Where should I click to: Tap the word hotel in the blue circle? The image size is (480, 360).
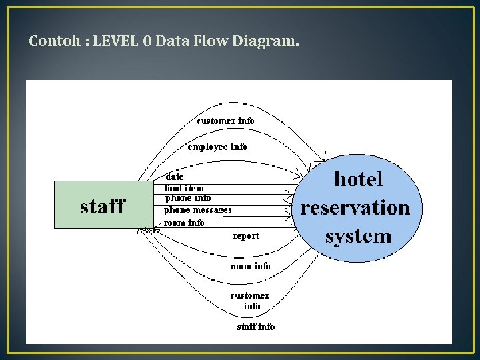coord(358,179)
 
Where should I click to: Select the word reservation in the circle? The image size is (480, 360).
coord(355,207)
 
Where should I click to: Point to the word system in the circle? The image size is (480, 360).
coord(358,235)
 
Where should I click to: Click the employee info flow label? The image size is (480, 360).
coord(217,147)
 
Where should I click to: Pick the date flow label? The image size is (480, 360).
coord(175,177)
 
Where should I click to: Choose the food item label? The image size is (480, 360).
coord(184,188)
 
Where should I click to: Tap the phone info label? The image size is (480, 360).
coord(187,198)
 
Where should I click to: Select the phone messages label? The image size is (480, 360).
coord(198,209)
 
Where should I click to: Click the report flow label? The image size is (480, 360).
coord(246,236)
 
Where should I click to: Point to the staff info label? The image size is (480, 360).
coord(256,327)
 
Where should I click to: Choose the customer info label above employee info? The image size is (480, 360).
coord(225,121)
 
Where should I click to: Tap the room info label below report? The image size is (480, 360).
coord(250,266)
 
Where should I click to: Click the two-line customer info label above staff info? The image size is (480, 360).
coord(250,301)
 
